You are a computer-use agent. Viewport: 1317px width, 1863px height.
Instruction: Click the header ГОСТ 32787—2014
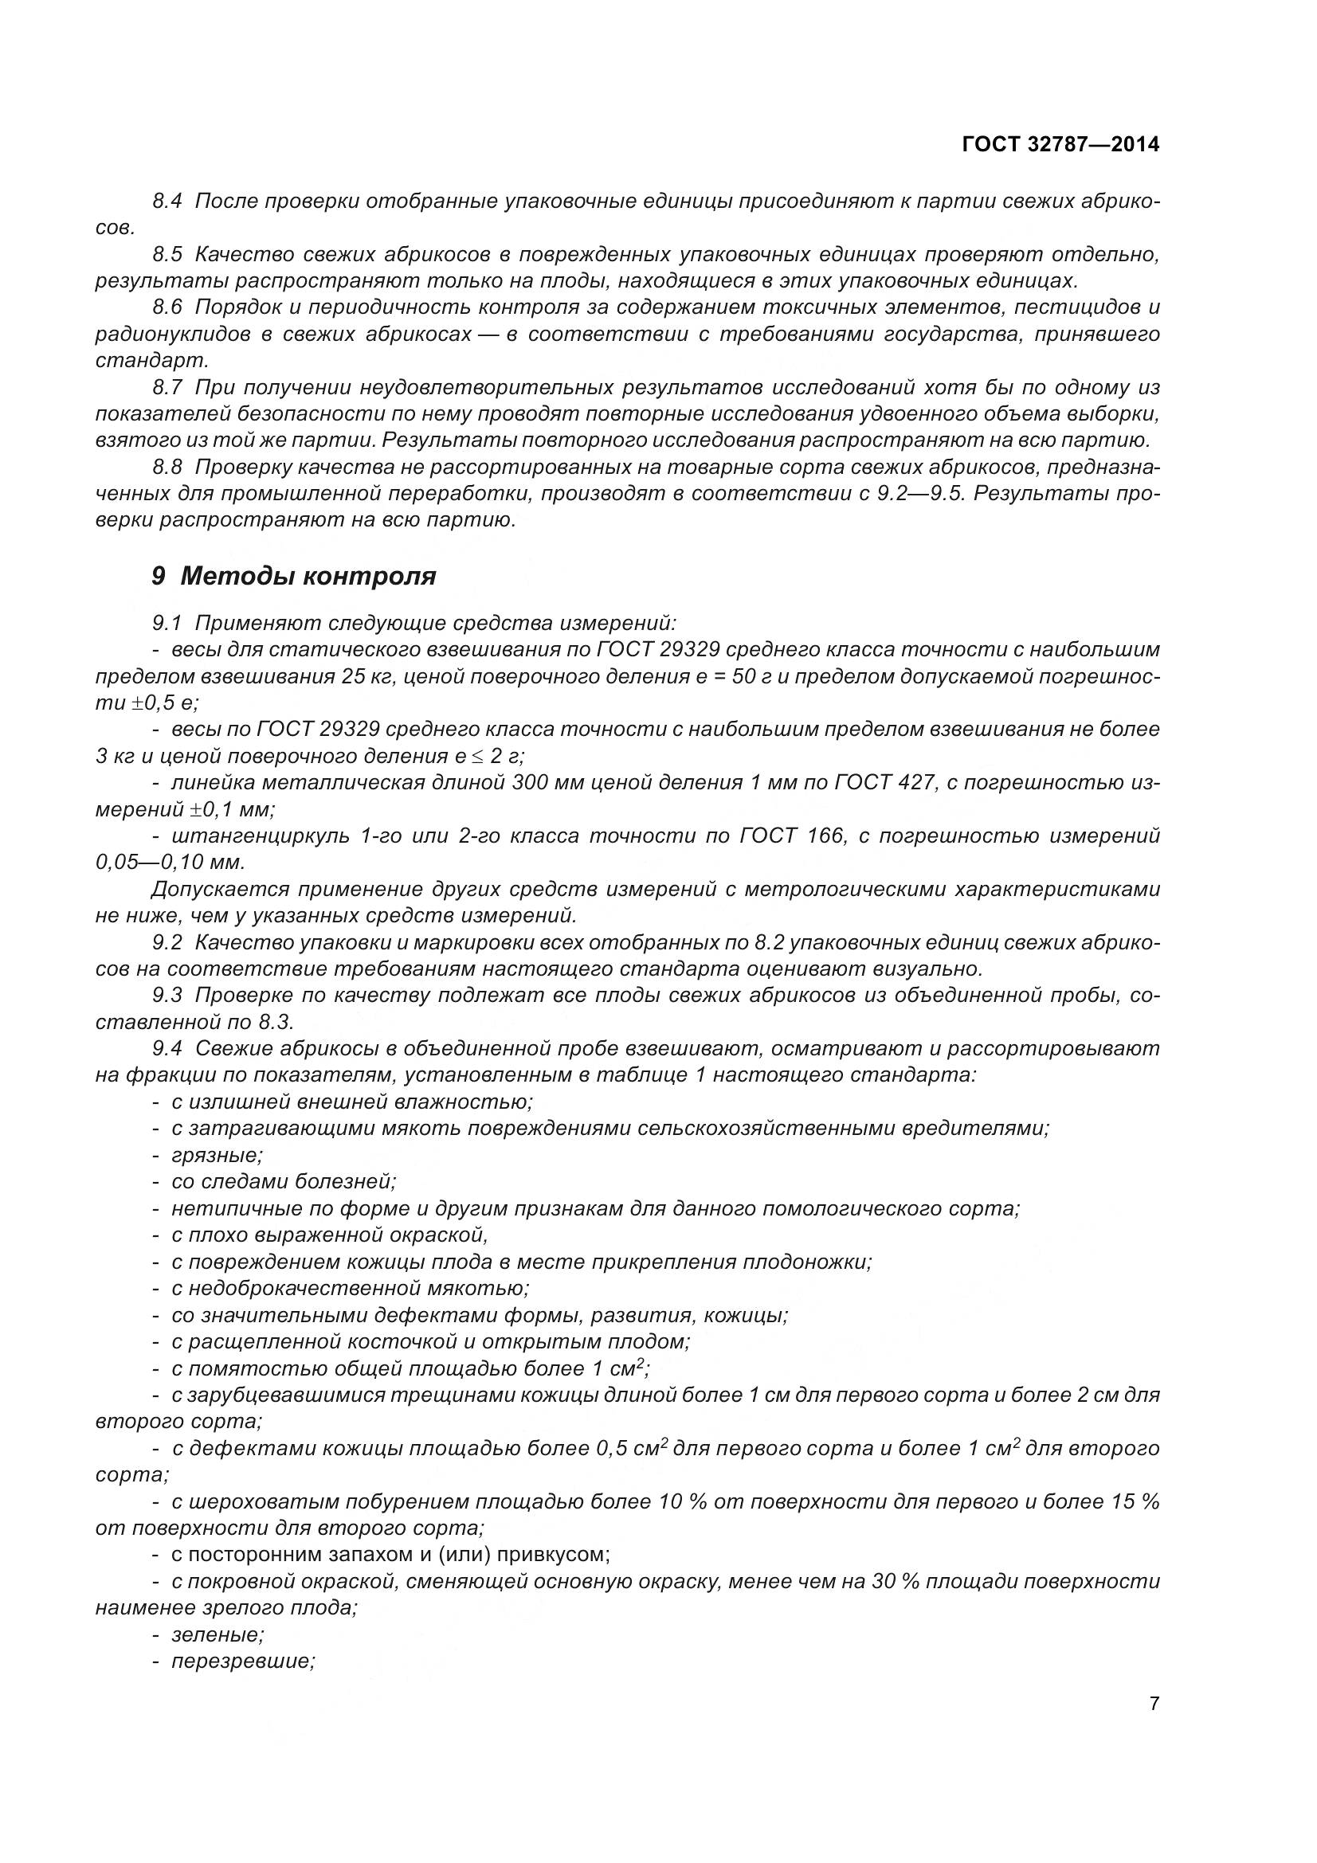(x=1060, y=145)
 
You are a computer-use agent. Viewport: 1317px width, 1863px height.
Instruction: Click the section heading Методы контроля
(x=308, y=576)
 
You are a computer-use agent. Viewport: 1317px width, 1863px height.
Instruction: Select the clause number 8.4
(x=167, y=202)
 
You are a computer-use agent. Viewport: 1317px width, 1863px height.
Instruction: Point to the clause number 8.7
(x=167, y=388)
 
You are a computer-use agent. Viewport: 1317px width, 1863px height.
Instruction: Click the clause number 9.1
(x=167, y=623)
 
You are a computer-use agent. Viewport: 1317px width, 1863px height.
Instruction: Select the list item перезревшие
(x=243, y=1661)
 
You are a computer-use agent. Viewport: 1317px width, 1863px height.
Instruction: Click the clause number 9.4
(x=167, y=1049)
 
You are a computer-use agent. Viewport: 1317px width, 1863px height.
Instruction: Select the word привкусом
(x=553, y=1555)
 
